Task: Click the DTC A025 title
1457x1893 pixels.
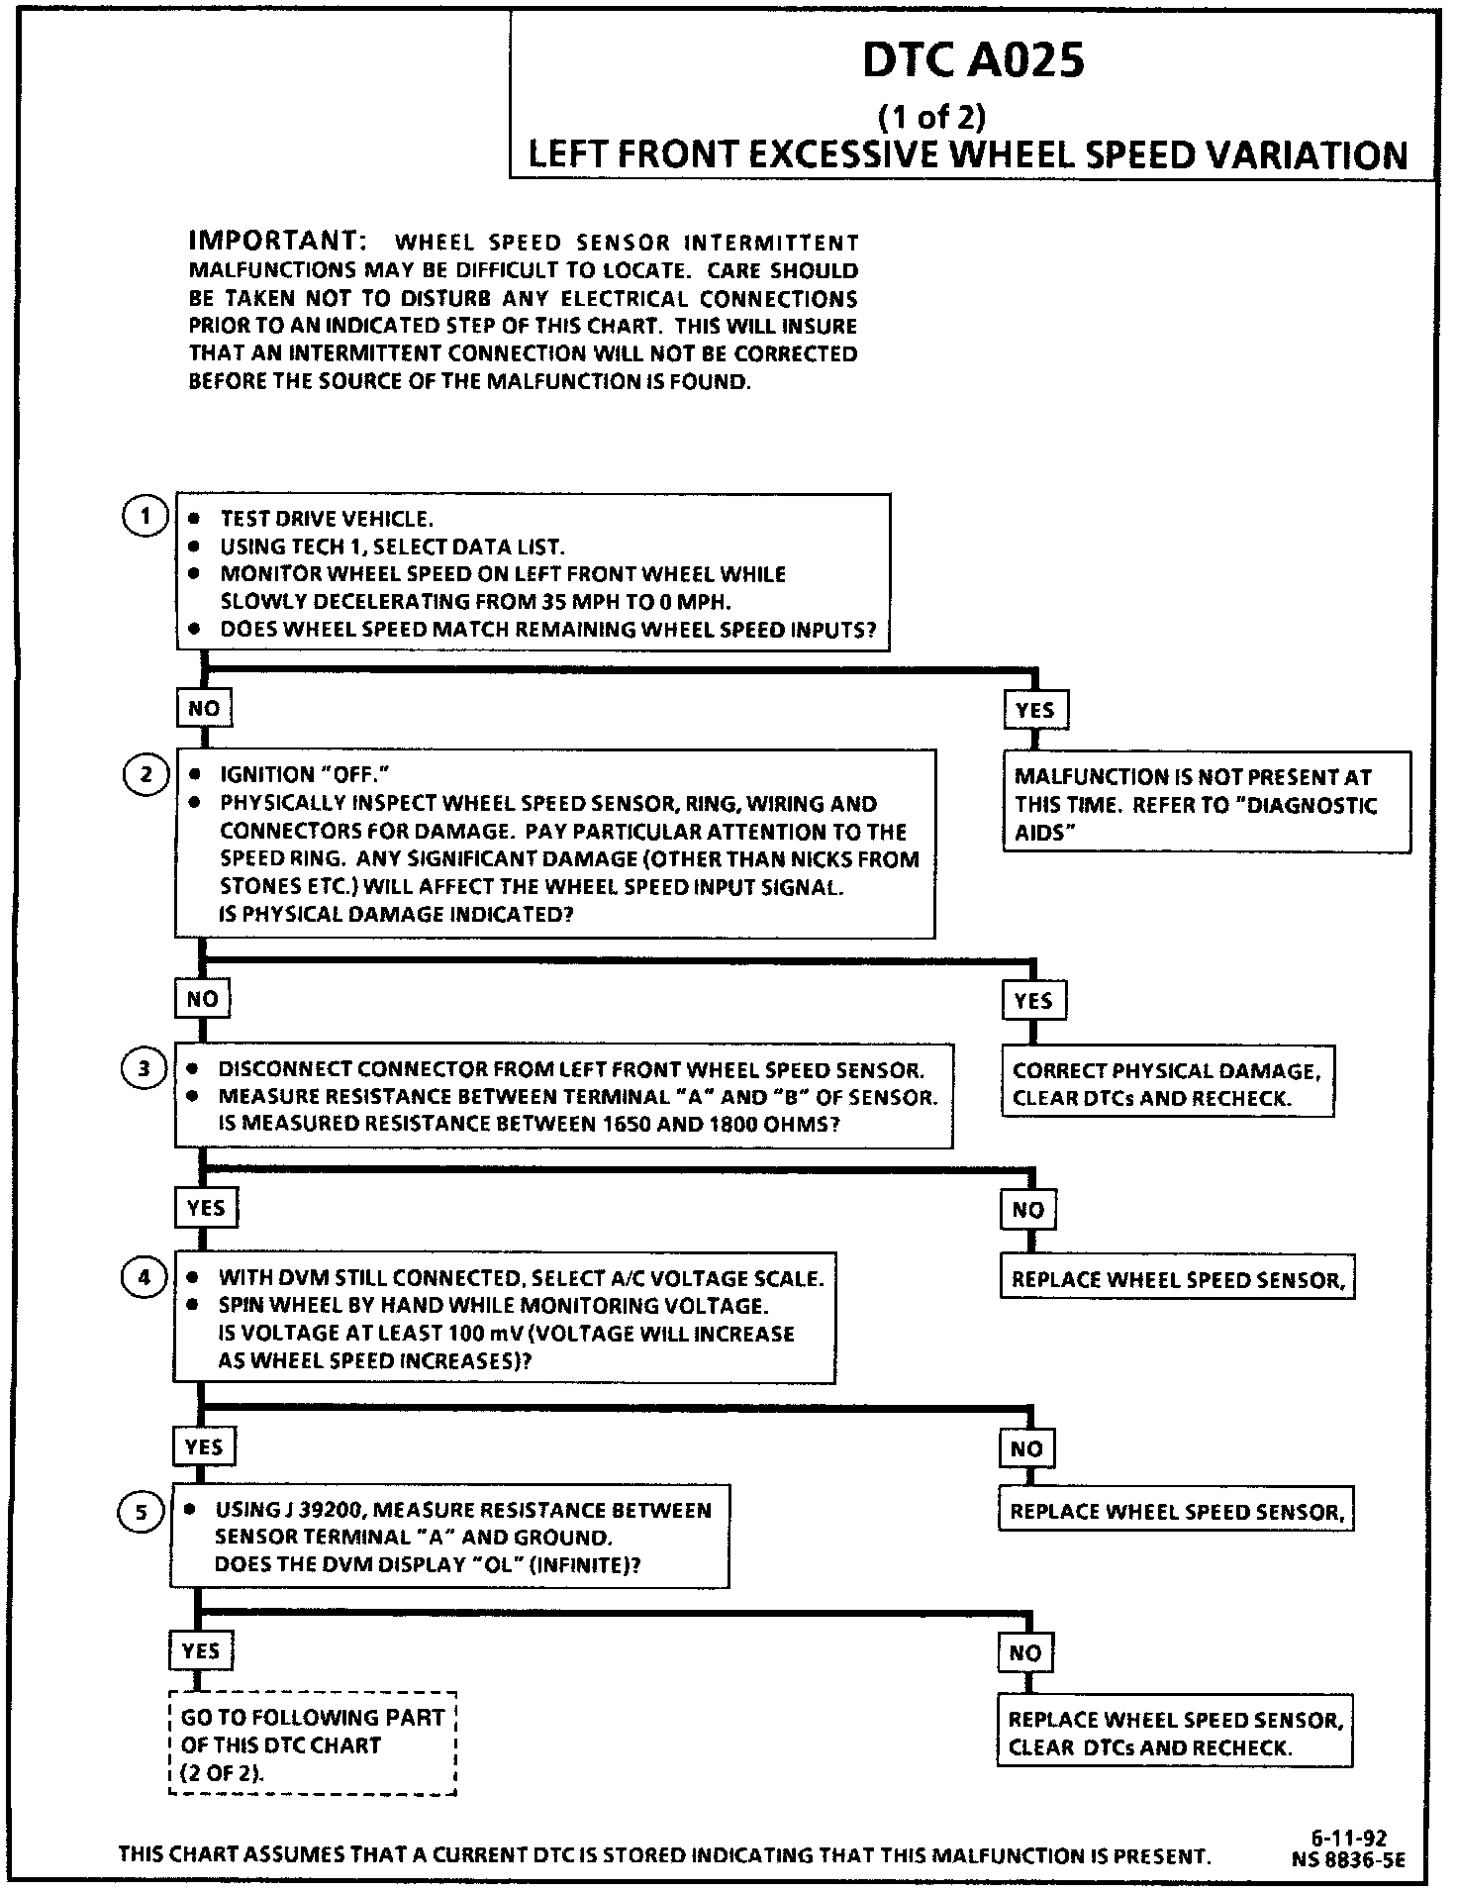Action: coord(973,61)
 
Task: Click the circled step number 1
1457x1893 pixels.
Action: coord(146,517)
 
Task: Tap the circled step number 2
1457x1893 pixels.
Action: coord(146,774)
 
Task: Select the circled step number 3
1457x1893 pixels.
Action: coord(145,1068)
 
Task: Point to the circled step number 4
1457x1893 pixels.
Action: coord(145,1277)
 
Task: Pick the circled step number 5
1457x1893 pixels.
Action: coord(142,1512)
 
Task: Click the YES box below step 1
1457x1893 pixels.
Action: coord(1034,709)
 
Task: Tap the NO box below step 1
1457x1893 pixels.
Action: coord(204,708)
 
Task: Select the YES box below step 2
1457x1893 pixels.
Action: coord(1032,1000)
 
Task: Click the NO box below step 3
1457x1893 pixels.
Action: coord(1028,1209)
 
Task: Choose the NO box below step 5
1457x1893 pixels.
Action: coord(1025,1652)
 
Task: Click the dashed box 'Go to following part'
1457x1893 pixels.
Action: coord(313,1744)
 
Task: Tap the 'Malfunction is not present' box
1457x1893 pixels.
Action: coord(1207,804)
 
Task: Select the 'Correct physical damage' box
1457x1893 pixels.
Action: coord(1167,1083)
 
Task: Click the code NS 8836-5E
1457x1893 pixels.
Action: coord(1347,1859)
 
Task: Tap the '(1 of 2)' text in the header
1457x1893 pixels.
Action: coord(932,117)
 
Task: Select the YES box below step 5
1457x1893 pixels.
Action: coord(201,1650)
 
